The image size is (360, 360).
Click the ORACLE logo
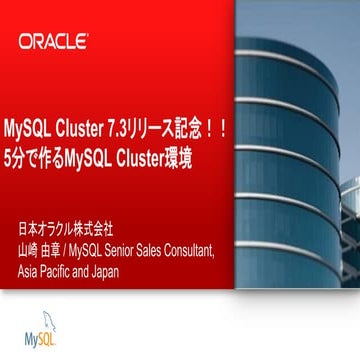click(53, 42)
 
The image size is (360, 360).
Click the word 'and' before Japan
click(84, 261)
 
